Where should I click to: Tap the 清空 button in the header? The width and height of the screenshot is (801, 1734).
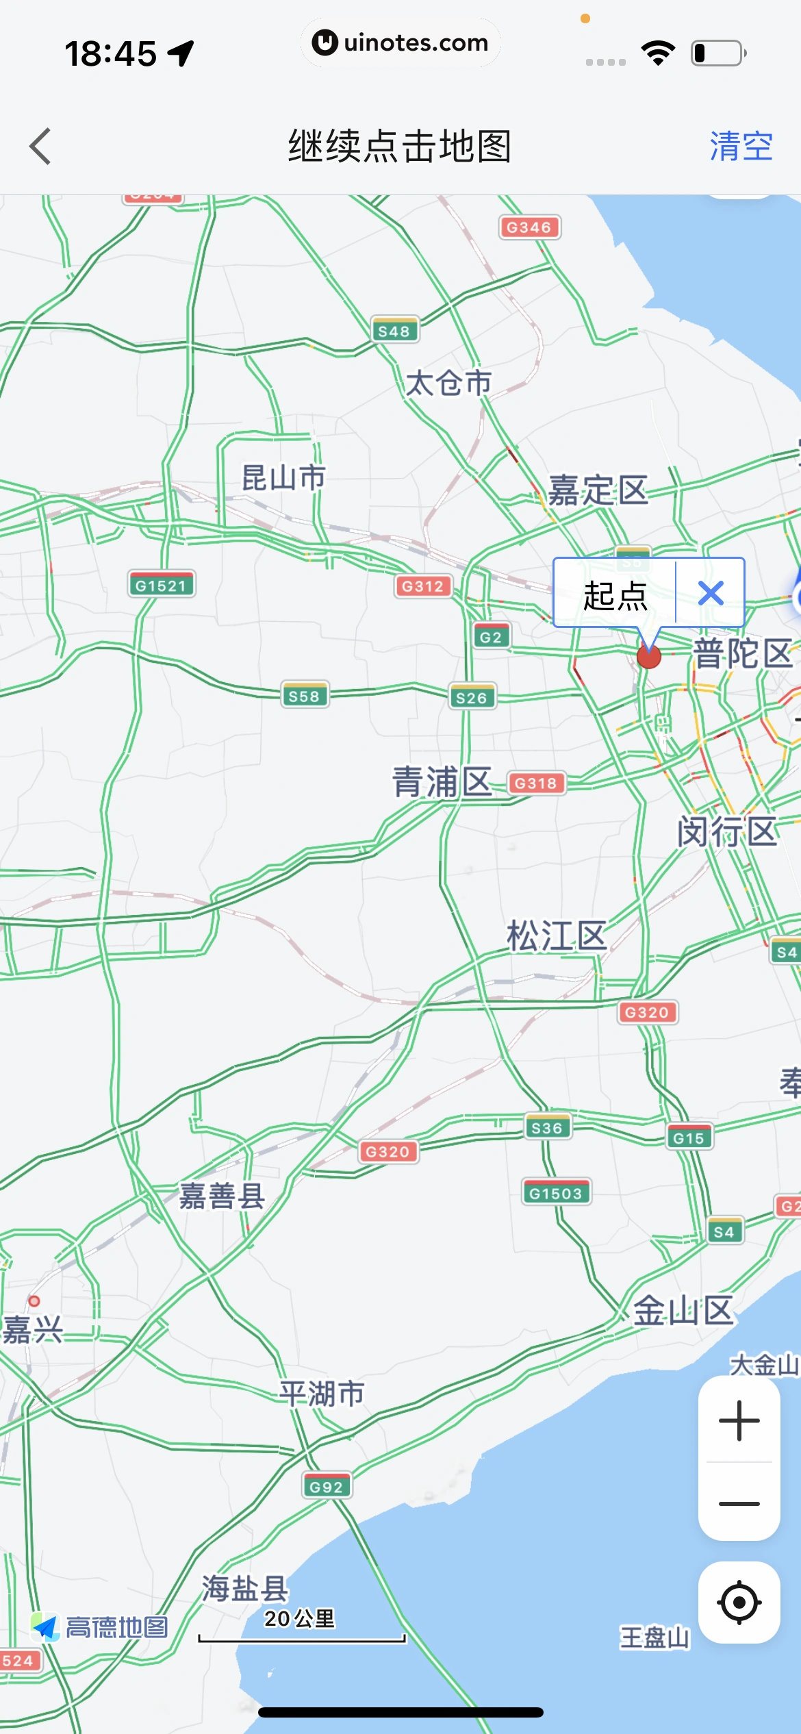741,146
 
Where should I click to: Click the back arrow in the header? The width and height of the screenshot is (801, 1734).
40,146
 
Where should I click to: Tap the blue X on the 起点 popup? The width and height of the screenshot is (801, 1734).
711,593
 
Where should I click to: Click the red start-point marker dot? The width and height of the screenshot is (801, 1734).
648,656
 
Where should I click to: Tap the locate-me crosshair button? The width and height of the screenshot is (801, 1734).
739,1602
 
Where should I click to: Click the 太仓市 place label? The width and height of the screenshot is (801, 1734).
448,383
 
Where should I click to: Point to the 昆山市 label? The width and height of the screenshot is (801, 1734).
283,477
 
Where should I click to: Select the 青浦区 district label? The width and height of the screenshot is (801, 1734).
442,782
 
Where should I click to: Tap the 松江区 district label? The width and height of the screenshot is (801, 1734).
556,936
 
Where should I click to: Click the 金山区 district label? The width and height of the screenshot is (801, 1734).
683,1311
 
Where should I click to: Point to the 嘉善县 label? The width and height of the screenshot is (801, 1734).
222,1196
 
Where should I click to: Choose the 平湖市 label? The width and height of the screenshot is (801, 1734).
322,1394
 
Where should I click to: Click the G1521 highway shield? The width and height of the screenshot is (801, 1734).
161,585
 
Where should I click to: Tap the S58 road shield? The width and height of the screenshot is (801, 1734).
304,696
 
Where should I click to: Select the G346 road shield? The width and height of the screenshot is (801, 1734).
529,227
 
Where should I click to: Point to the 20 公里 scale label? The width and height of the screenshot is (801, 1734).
300,1618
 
